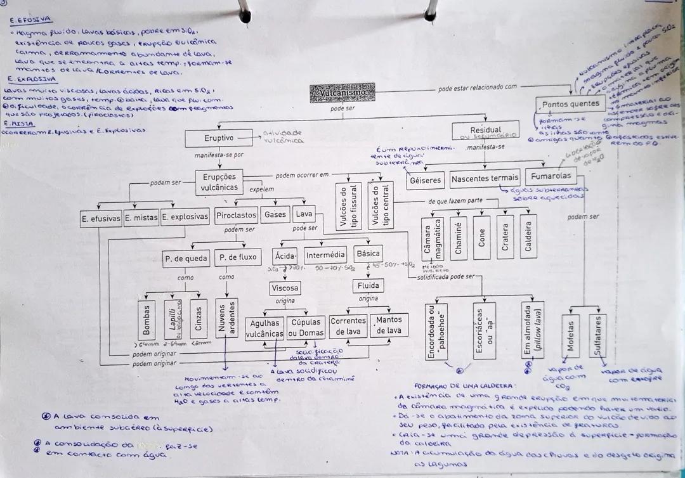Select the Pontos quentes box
pos(571,103)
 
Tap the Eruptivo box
pos(219,138)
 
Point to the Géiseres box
pos(425,179)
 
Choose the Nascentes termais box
pos(485,179)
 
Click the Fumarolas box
pos(551,176)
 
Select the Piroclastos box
pos(236,216)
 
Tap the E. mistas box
pos(141,218)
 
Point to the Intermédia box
pos(325,255)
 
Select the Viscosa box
pos(285,288)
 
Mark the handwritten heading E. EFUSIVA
pos(31,20)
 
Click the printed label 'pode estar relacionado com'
pos(477,87)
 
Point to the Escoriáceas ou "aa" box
pos(484,330)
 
